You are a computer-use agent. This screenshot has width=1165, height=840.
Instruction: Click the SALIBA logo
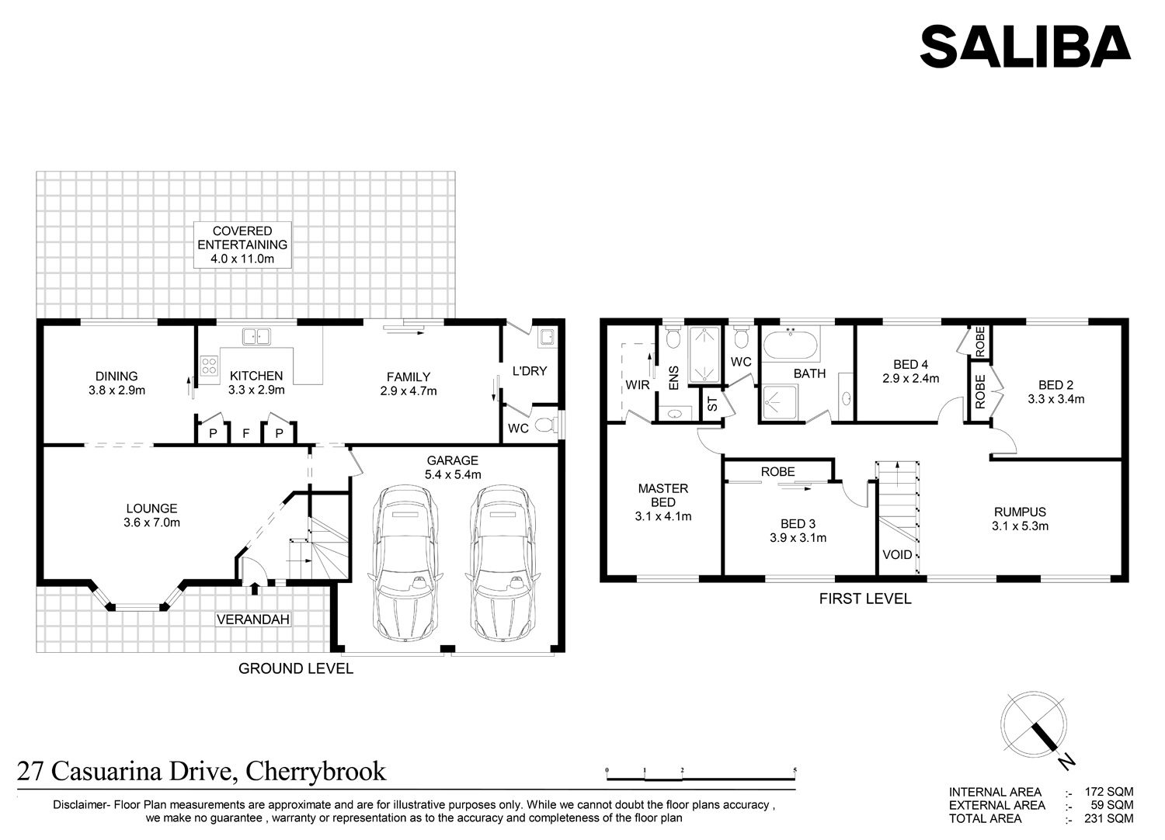(x=1024, y=47)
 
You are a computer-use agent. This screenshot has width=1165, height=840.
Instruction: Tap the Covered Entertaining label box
(x=242, y=245)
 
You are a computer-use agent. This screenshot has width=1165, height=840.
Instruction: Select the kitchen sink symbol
(x=256, y=336)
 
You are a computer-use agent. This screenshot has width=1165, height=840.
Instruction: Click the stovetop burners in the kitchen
(x=209, y=364)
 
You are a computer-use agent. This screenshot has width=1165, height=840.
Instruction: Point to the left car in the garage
(x=405, y=563)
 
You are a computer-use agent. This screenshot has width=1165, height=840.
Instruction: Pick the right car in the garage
(x=503, y=563)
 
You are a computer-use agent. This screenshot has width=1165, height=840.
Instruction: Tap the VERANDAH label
(x=253, y=620)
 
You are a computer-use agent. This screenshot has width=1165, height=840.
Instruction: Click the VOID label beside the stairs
(x=897, y=554)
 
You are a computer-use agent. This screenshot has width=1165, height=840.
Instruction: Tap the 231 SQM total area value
(x=1109, y=819)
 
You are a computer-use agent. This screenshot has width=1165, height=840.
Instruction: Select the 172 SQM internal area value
(x=1109, y=792)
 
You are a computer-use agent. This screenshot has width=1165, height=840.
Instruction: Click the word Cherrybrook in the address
(x=315, y=772)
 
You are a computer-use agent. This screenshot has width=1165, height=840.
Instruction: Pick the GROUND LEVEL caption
(x=296, y=668)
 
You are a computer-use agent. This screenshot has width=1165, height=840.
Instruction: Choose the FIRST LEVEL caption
(x=865, y=599)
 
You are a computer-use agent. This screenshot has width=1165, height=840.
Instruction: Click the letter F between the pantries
(x=246, y=433)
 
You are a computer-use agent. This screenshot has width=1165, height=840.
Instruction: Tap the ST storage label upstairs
(x=712, y=404)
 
